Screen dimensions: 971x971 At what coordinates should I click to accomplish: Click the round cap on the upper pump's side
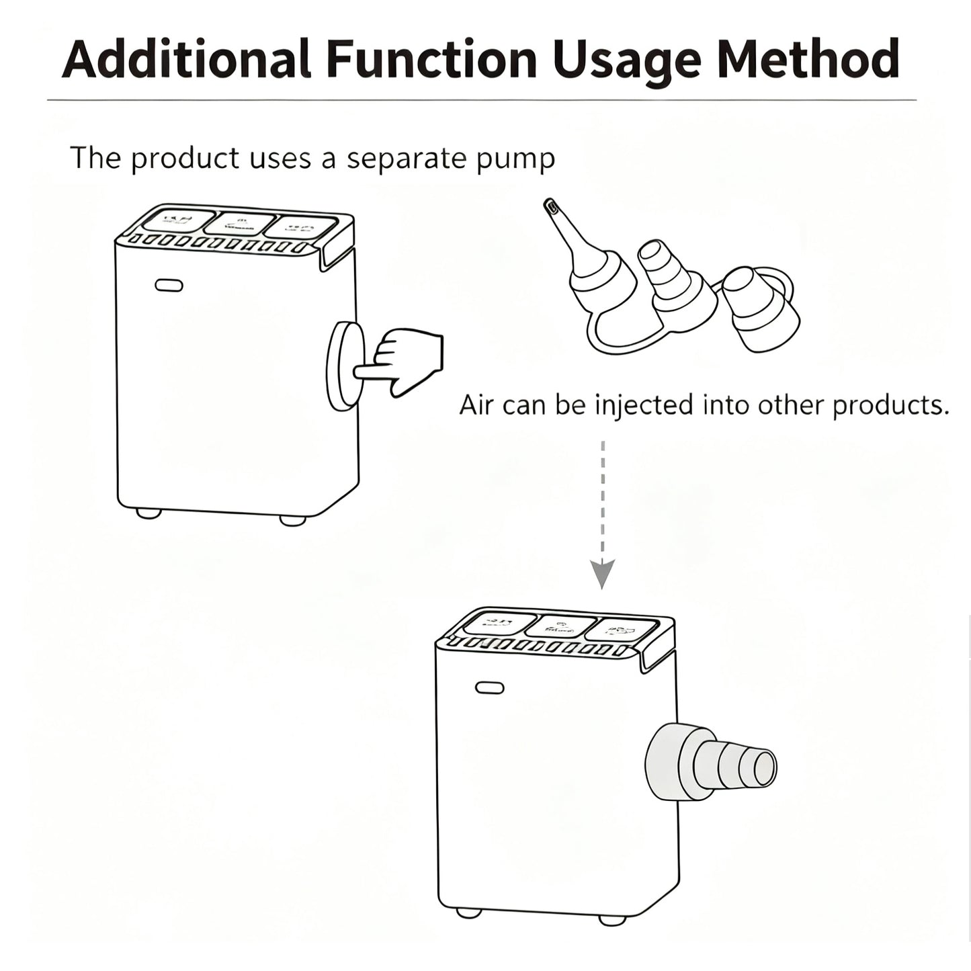(x=343, y=366)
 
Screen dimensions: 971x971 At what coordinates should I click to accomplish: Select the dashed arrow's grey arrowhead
(x=602, y=574)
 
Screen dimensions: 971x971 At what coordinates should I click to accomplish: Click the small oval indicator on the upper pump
(x=169, y=286)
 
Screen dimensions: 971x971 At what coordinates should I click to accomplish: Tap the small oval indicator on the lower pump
(x=489, y=688)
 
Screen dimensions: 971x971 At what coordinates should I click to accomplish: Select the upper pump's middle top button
(x=239, y=224)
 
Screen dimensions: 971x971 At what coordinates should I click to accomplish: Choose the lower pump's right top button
(x=620, y=630)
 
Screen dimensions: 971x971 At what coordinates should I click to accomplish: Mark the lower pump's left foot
(x=468, y=913)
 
